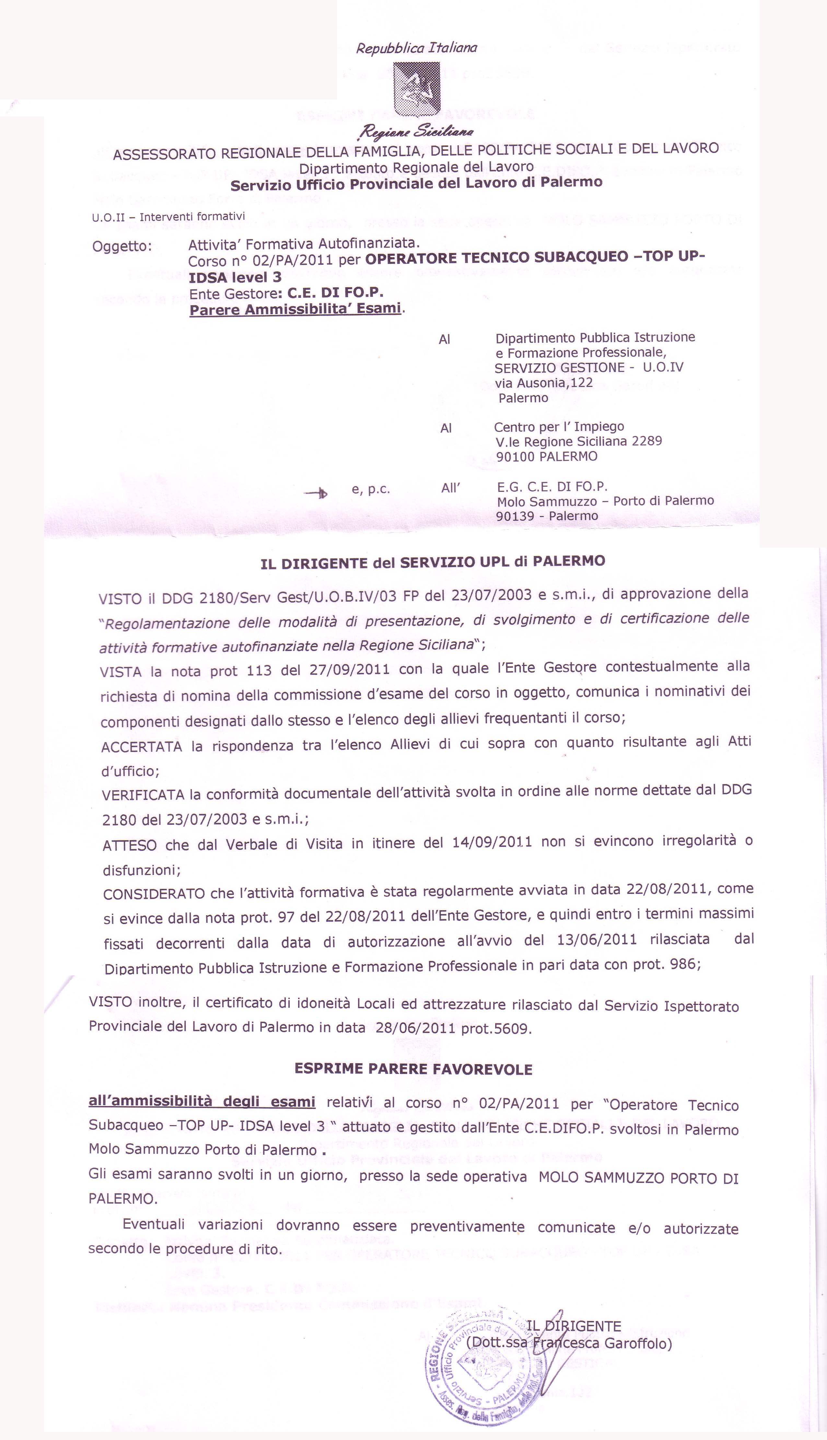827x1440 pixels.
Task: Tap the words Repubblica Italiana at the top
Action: [x=416, y=48]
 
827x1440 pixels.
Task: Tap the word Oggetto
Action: [x=122, y=247]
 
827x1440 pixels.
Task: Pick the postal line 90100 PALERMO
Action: [x=546, y=456]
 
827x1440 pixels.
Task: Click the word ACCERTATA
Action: [x=141, y=746]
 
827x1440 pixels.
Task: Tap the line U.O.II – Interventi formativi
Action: [x=168, y=217]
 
